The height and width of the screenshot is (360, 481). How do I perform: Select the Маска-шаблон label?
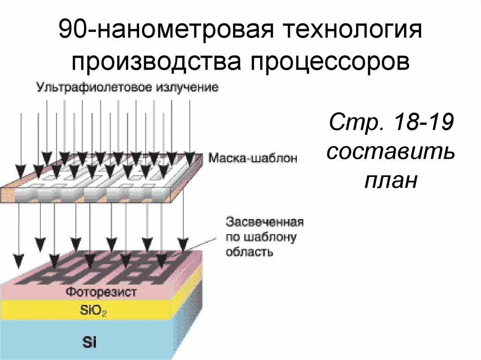253,158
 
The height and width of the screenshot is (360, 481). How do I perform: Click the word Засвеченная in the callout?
265,221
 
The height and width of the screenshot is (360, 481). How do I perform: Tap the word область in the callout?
249,252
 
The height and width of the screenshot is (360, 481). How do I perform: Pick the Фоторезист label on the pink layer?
101,292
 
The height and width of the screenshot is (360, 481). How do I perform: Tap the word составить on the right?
391,152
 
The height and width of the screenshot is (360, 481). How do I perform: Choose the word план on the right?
391,181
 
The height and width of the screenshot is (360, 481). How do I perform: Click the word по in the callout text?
233,237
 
